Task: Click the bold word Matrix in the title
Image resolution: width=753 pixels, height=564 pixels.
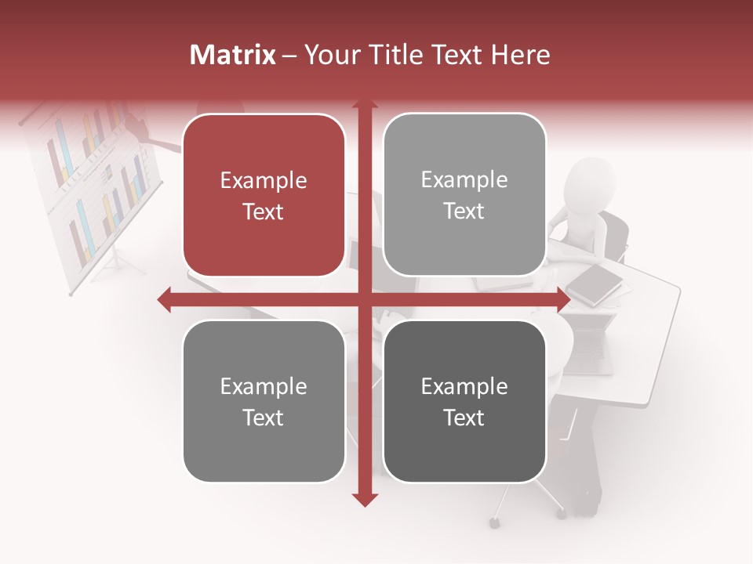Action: pos(233,55)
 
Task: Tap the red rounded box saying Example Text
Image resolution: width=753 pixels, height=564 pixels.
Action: pos(264,195)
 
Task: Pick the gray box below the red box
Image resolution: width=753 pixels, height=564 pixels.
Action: pos(264,401)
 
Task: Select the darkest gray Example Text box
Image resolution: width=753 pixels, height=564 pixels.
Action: pos(464,401)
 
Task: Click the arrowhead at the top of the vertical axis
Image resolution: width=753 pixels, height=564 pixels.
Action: pos(365,105)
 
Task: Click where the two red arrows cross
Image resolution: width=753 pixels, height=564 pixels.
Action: pos(365,300)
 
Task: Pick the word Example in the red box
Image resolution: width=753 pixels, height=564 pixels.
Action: pos(264,180)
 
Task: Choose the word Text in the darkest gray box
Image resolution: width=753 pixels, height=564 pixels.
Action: pos(464,418)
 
